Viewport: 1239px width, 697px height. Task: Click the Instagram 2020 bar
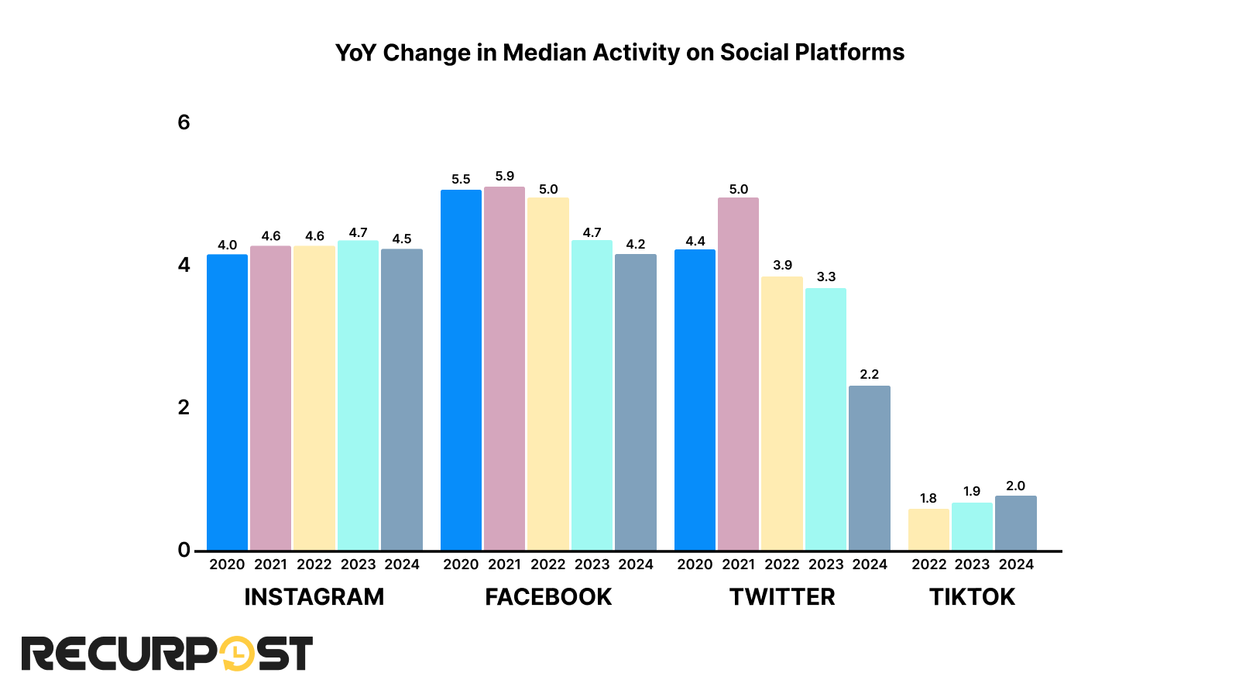click(227, 403)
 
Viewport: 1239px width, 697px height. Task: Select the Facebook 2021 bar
click(504, 369)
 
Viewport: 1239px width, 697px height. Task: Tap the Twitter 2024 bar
click(869, 468)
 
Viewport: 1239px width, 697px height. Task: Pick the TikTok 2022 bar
click(928, 530)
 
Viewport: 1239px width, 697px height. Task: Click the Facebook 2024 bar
click(635, 403)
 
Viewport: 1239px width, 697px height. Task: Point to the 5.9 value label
click(504, 177)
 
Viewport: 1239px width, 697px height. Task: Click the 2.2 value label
click(869, 375)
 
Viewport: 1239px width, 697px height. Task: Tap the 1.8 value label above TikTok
click(928, 499)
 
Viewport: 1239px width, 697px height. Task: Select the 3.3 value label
click(825, 277)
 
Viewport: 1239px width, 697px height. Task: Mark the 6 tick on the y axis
click(184, 122)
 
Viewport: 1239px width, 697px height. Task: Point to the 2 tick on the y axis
click(184, 407)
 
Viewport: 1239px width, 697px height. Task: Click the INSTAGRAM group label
click(314, 597)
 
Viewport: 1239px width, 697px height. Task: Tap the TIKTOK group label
click(972, 597)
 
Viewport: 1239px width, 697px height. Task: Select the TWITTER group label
click(782, 597)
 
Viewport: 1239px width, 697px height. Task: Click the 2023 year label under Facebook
click(592, 565)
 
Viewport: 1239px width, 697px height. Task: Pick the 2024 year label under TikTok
click(1016, 565)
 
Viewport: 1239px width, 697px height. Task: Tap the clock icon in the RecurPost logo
click(237, 654)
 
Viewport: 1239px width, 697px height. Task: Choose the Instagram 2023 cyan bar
click(358, 396)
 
